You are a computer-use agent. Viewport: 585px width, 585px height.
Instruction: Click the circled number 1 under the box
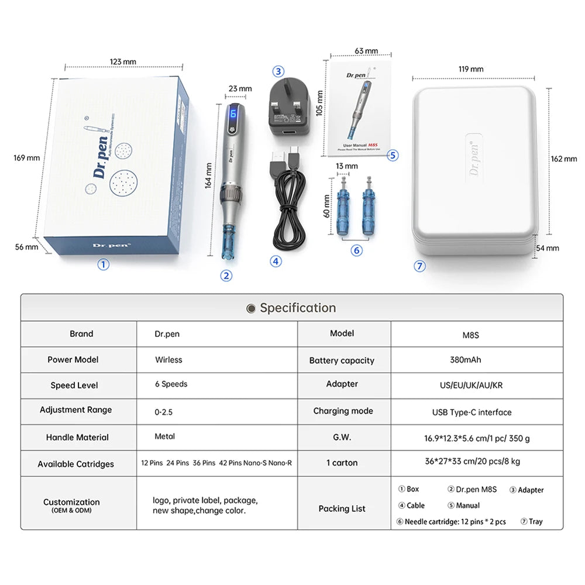(x=103, y=264)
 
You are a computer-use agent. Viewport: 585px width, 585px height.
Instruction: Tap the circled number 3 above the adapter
(x=278, y=71)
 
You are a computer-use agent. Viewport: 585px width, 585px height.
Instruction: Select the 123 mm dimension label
(x=123, y=61)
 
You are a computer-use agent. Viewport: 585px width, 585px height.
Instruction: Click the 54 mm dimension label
(x=548, y=248)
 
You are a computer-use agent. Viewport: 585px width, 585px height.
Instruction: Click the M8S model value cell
(x=470, y=335)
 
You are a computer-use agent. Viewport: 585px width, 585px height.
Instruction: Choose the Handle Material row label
(x=77, y=437)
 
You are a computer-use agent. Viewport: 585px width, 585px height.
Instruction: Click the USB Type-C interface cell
(x=472, y=412)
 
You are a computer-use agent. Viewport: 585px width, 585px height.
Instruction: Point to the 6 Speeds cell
(x=171, y=384)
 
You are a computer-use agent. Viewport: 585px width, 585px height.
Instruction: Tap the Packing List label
(x=342, y=508)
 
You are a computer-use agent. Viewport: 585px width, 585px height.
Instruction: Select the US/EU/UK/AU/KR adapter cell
(x=471, y=385)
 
